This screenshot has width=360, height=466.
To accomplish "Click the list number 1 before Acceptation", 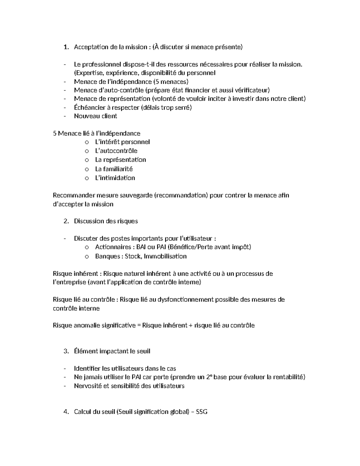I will (x=65, y=47).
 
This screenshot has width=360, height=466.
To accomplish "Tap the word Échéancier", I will (x=88, y=107).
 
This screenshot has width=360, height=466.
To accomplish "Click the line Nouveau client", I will (x=95, y=116).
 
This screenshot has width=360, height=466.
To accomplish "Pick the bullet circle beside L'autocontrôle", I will (x=87, y=151).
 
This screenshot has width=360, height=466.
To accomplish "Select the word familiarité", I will (x=118, y=169).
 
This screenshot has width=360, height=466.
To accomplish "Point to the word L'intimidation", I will (x=115, y=178).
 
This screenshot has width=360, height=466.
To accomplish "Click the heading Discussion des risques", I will (x=106, y=221).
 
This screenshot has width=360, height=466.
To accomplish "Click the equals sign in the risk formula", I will (x=139, y=326).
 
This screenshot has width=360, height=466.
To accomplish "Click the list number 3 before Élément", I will (x=65, y=351).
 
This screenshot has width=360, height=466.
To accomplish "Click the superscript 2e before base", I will (x=209, y=377).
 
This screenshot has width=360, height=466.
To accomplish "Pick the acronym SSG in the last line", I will (x=201, y=412).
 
